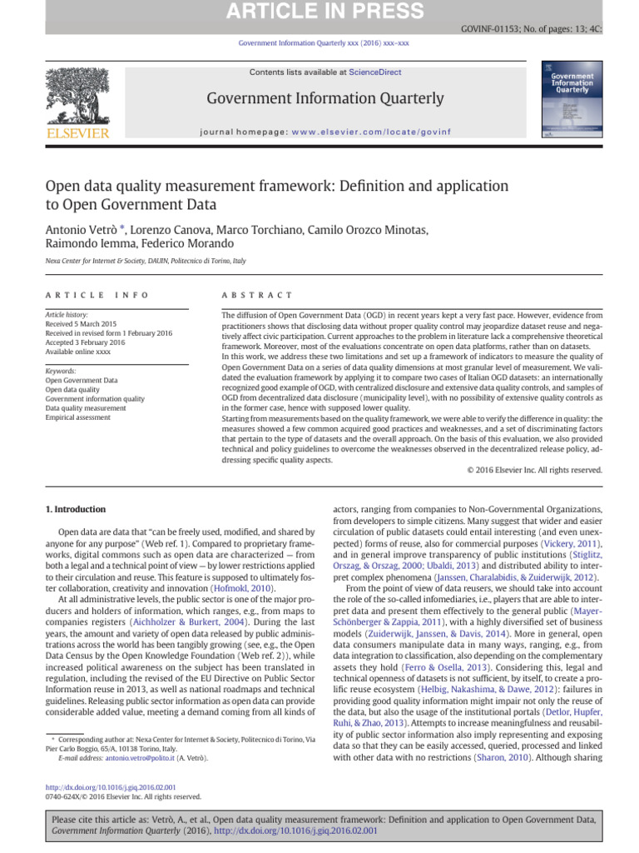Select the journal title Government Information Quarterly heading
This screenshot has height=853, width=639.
click(x=325, y=99)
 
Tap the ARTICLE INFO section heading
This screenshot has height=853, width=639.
click(x=97, y=295)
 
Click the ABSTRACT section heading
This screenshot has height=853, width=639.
click(x=257, y=295)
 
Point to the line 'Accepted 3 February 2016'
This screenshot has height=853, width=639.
click(x=85, y=342)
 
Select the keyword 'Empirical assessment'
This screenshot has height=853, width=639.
click(x=77, y=417)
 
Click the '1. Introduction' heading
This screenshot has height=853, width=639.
click(x=74, y=508)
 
